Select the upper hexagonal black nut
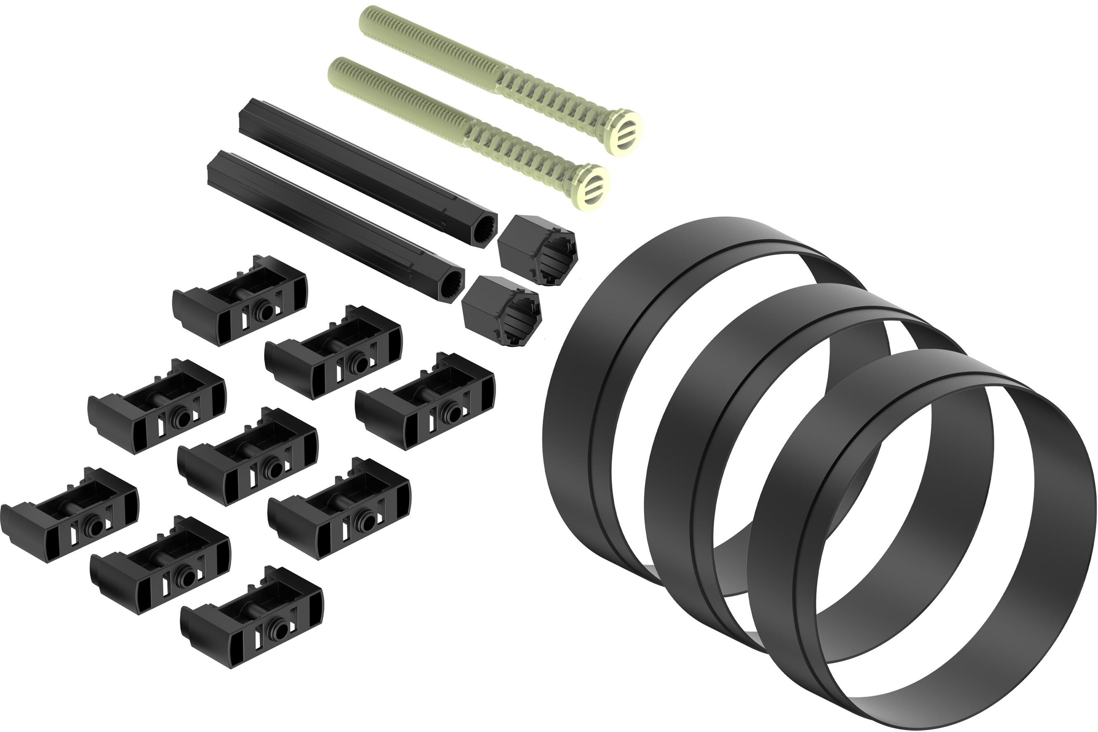[537, 249]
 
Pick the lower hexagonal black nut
[501, 310]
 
